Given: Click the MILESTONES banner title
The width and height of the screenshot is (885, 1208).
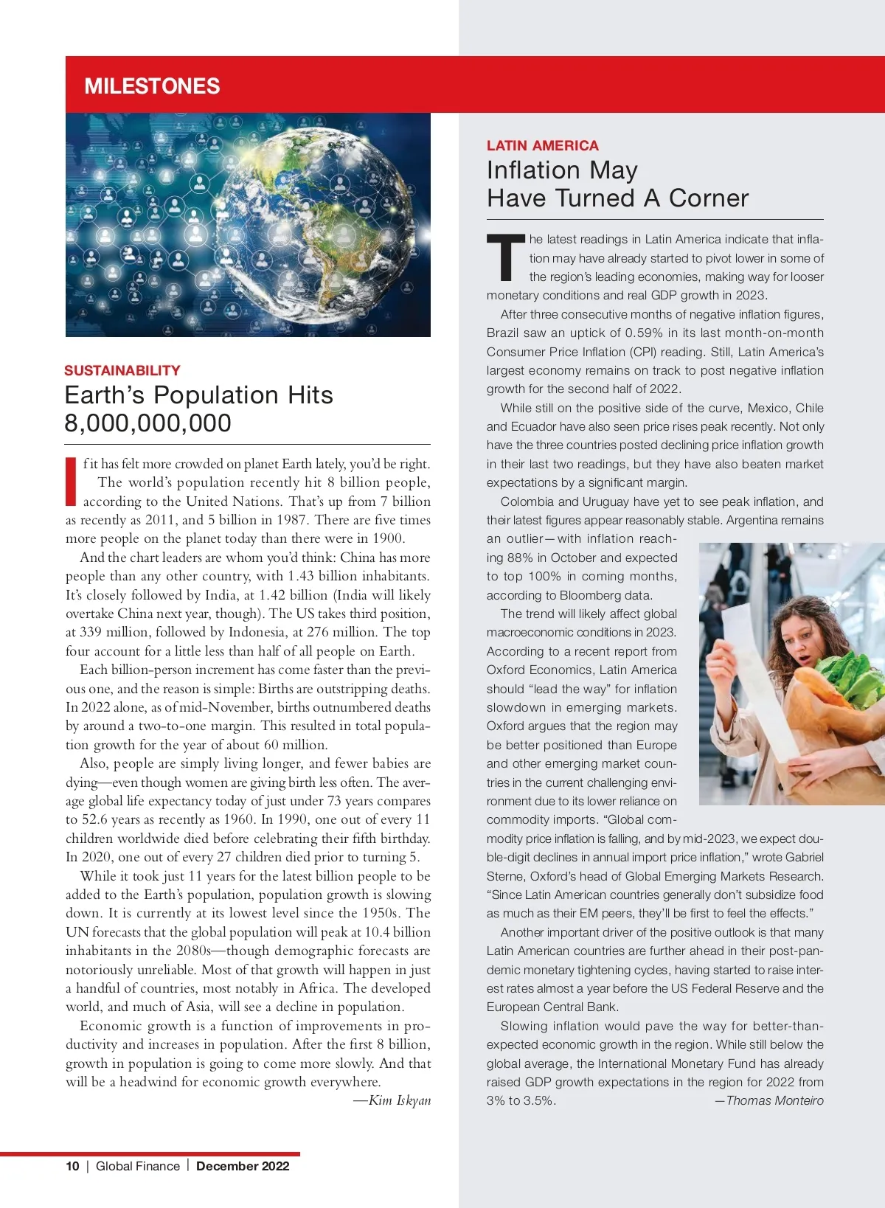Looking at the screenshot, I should click(x=152, y=86).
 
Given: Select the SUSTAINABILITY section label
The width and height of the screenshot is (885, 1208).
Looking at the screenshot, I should click(x=122, y=370).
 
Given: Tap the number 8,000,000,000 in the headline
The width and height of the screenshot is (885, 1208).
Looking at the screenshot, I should click(x=148, y=423).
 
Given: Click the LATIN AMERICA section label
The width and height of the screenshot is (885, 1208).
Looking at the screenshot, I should click(x=543, y=145).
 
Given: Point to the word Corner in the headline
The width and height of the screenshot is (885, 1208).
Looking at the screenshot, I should click(x=709, y=198).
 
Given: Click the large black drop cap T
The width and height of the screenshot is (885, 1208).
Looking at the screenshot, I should click(x=505, y=258).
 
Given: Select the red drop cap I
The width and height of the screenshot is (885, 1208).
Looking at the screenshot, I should click(x=72, y=481).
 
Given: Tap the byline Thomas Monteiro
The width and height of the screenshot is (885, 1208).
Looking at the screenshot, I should click(x=774, y=1100).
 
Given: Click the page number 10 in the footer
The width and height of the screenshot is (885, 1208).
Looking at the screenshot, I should click(x=72, y=1166).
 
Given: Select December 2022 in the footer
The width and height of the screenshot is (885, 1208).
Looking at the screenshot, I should click(x=243, y=1166).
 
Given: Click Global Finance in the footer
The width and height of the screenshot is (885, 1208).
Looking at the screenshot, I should click(x=138, y=1166).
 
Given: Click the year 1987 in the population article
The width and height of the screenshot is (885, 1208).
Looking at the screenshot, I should click(x=293, y=520).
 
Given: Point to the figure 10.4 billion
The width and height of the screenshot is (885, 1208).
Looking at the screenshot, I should click(x=398, y=932).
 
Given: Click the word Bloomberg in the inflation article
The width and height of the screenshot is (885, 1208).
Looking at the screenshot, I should click(x=590, y=595).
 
